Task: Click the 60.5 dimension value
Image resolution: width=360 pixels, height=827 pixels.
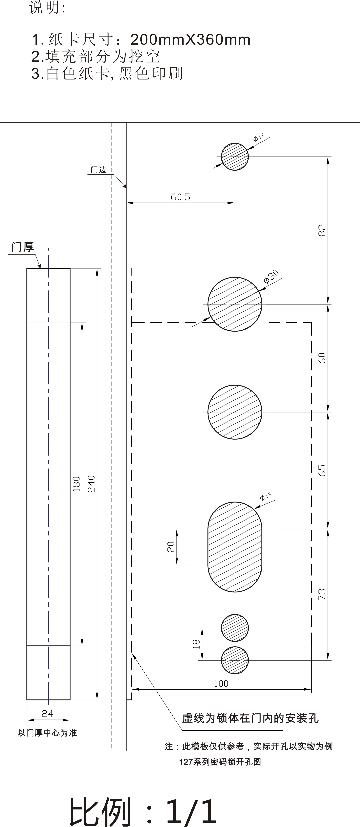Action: pyautogui.click(x=180, y=197)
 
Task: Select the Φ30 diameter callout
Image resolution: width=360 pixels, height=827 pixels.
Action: pyautogui.click(x=271, y=277)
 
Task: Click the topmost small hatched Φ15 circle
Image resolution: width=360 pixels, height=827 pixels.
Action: pyautogui.click(x=235, y=157)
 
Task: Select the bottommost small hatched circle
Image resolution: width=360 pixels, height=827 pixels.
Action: pyautogui.click(x=235, y=660)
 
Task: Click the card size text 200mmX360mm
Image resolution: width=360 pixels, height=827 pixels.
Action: pyautogui.click(x=190, y=40)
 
